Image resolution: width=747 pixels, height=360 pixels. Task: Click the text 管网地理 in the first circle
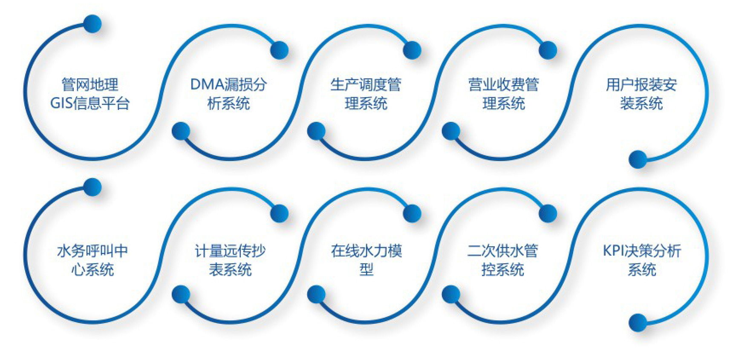[90, 84]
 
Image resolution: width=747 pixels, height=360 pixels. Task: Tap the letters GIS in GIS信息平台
[62, 103]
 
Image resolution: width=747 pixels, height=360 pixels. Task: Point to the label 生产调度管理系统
[366, 94]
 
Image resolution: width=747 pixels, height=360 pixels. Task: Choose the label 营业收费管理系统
[504, 94]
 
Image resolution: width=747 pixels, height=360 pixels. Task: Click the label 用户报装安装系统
[641, 94]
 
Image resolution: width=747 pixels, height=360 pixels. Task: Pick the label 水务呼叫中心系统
[92, 260]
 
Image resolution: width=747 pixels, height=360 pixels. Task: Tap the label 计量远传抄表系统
[230, 260]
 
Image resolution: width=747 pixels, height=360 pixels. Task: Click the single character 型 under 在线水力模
[366, 269]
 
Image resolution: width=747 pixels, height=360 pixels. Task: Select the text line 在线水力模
[366, 251]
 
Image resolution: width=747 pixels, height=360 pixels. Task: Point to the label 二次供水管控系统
[503, 260]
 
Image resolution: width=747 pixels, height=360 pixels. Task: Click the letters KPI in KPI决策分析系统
[612, 251]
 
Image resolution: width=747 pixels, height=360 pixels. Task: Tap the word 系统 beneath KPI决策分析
[642, 269]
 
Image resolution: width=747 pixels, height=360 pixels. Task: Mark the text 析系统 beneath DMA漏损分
[228, 103]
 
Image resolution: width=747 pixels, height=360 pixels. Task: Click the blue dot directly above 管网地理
[92, 24]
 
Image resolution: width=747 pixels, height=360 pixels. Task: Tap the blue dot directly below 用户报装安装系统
[638, 159]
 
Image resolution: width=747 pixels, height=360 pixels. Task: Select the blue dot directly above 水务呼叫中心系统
[92, 187]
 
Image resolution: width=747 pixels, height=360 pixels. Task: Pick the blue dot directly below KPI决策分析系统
[638, 323]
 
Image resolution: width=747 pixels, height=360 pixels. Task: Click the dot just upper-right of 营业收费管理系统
[548, 50]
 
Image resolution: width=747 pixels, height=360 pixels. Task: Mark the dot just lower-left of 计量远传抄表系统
[181, 294]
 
